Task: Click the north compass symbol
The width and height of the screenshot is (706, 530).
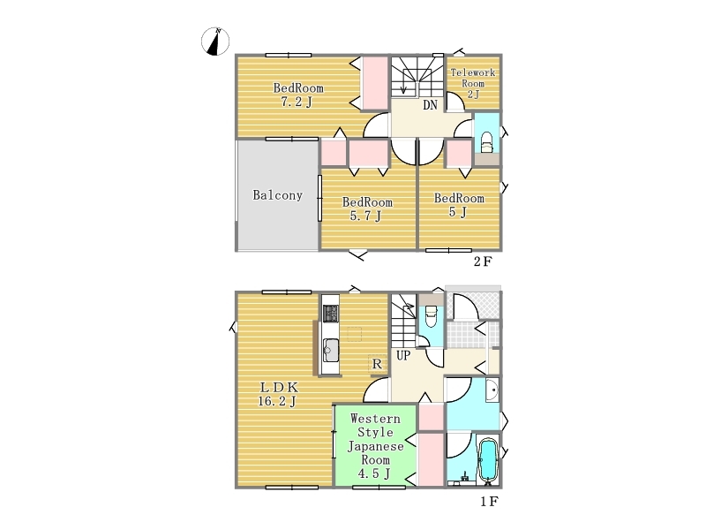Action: pos(215,42)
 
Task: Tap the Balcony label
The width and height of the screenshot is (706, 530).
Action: pos(277,195)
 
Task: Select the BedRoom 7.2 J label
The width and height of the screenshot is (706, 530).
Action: pos(298,95)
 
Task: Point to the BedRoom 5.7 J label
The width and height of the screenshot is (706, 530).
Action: pos(367,208)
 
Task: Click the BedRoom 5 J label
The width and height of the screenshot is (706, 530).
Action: pos(459,205)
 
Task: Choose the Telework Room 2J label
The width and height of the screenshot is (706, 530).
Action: pos(473,83)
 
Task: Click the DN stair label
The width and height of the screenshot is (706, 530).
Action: pos(430,105)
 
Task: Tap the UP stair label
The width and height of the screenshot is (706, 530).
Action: pos(403,356)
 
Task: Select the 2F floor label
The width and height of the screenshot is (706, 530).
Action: pos(483,261)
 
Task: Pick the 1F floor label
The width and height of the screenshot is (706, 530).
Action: pos(489,501)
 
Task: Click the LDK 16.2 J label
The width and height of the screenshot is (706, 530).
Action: pos(277,394)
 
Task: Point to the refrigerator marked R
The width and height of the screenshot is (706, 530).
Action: pos(377,363)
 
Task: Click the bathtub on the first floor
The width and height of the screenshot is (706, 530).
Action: pos(488,460)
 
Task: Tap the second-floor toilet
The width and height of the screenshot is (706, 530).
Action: pos(487,143)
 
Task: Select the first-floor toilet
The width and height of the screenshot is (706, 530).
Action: pos(431,316)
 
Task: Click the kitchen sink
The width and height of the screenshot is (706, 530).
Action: pos(331,349)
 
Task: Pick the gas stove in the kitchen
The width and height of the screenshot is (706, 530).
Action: pos(330,314)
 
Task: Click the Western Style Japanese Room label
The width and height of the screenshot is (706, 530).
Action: pos(375,446)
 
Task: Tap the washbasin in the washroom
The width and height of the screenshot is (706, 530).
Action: pos(492,390)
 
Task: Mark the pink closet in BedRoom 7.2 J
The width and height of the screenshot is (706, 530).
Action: pos(375,83)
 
